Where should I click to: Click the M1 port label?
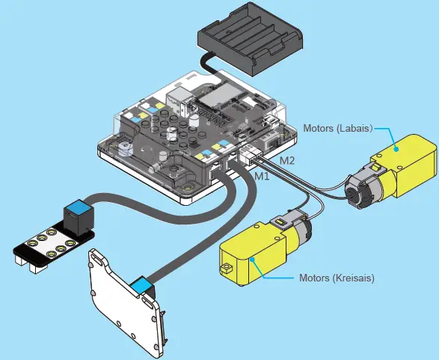[261, 177]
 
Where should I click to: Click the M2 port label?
[287, 161]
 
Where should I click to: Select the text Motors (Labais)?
[337, 126]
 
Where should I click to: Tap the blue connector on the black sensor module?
[76, 215]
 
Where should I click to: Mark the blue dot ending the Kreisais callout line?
[254, 259]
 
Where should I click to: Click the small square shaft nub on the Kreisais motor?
[224, 267]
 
